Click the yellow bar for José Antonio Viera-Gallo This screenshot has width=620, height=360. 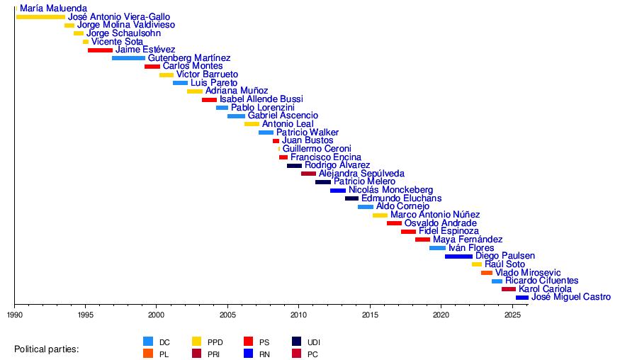tap(40, 17)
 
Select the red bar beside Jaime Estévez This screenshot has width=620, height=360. tap(100, 50)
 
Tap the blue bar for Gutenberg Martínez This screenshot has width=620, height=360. tap(128, 58)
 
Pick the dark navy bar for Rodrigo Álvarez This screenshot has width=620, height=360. tap(294, 166)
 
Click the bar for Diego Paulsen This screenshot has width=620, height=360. tap(458, 257)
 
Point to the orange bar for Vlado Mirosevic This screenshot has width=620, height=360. tap(487, 273)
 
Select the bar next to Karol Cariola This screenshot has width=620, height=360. tap(509, 289)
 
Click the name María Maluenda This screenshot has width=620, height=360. tap(54, 9)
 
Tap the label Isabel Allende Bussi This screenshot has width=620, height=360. tap(261, 99)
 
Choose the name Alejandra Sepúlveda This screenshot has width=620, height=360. tap(361, 174)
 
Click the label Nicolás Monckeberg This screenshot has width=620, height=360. tap(390, 190)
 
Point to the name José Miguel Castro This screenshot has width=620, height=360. tap(570, 298)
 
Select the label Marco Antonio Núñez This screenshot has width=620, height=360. tap(435, 215)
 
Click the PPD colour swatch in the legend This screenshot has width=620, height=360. tap(198, 342)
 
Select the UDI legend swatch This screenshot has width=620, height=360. tap(297, 342)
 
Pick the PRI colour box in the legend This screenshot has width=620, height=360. tap(198, 354)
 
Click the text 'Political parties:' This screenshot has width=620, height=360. tap(47, 349)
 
